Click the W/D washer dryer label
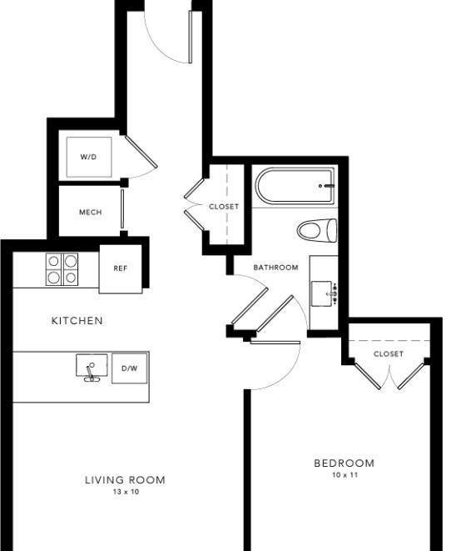click(x=88, y=157)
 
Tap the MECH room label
click(x=91, y=213)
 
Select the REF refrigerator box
click(x=121, y=268)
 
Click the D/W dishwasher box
click(x=130, y=368)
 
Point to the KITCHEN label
click(x=77, y=320)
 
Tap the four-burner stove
click(x=62, y=269)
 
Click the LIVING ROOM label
click(x=126, y=479)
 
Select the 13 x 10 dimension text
click(x=126, y=492)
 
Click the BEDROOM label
click(x=345, y=463)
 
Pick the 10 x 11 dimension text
click(x=345, y=475)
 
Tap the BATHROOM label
click(x=276, y=268)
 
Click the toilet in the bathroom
click(x=317, y=231)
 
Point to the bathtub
click(x=295, y=186)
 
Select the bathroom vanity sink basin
click(x=322, y=293)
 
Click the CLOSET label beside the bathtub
click(x=224, y=207)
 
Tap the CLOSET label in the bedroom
click(x=389, y=354)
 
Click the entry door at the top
click(x=191, y=37)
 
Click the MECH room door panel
click(x=122, y=208)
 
